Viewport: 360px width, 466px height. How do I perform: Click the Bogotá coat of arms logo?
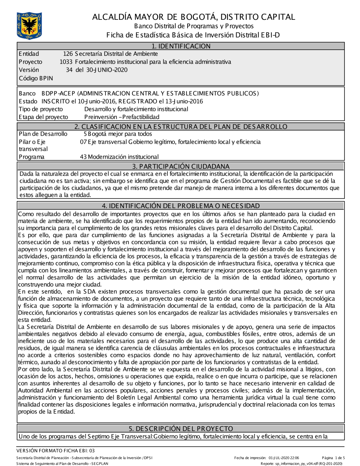(x=29, y=26)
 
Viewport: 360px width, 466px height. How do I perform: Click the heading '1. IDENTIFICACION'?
(x=181, y=46)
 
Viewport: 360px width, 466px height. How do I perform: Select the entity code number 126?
(x=68, y=54)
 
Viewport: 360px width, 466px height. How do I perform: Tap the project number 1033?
(x=66, y=62)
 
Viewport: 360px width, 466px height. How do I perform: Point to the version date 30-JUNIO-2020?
(x=107, y=70)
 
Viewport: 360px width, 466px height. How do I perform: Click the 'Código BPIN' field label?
(x=36, y=78)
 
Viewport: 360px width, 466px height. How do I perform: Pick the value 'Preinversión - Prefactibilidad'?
(x=122, y=117)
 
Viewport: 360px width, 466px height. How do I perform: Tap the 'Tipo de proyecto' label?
(x=41, y=109)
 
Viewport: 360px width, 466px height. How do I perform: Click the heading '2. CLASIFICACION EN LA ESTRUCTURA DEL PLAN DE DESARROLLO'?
(x=181, y=127)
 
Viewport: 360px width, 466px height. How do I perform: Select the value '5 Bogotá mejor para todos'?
(x=118, y=134)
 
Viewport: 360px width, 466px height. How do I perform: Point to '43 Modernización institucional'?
(x=119, y=157)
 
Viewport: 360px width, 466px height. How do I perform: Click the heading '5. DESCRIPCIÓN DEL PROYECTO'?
(x=181, y=429)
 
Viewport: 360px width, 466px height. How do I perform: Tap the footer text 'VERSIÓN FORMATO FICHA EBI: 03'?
(x=55, y=451)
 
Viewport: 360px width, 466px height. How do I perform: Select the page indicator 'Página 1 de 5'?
(x=333, y=458)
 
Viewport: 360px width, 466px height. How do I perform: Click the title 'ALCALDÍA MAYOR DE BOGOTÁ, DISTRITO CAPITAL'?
(x=193, y=17)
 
